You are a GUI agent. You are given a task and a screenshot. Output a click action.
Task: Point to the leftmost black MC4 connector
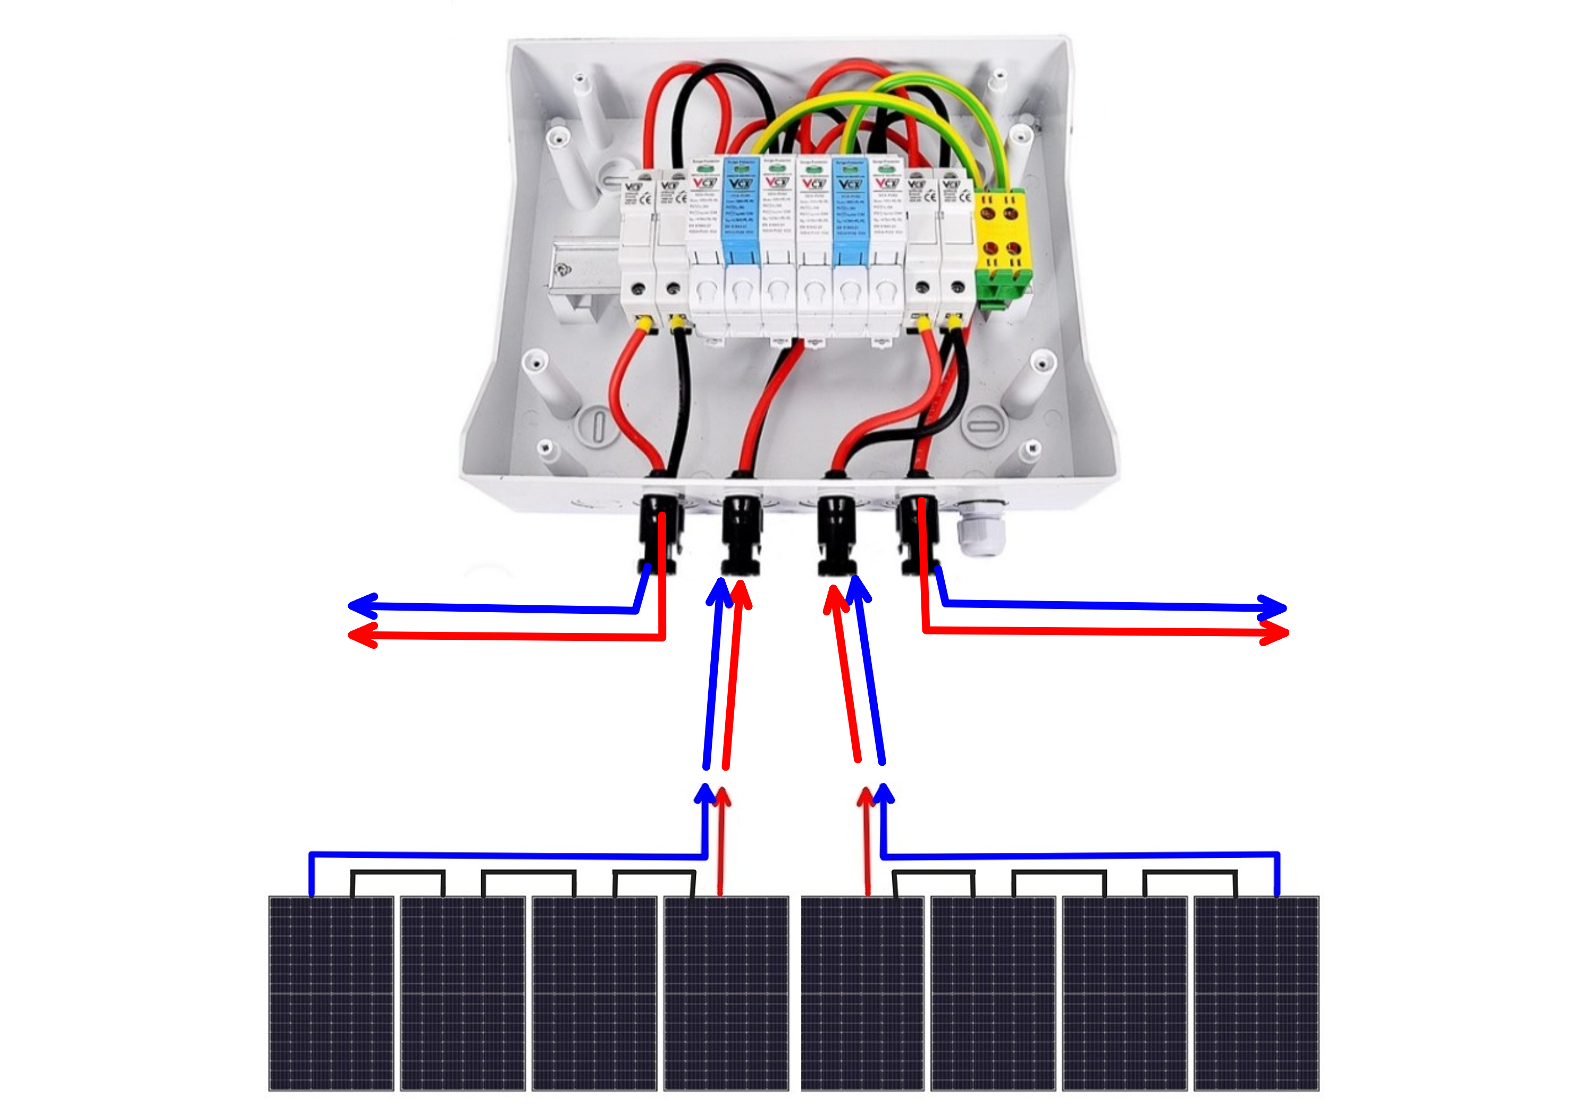[x=659, y=533]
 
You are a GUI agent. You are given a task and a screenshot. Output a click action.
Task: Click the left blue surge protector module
[x=741, y=213]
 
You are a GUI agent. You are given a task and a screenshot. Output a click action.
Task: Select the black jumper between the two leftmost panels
[x=398, y=873]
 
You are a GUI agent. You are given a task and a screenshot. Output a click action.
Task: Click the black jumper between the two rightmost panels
[x=1190, y=873]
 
